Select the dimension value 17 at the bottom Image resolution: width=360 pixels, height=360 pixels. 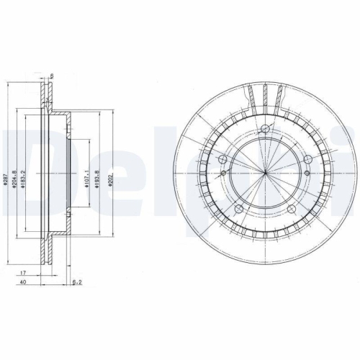[23, 273]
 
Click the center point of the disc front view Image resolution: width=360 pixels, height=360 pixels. [264, 175]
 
